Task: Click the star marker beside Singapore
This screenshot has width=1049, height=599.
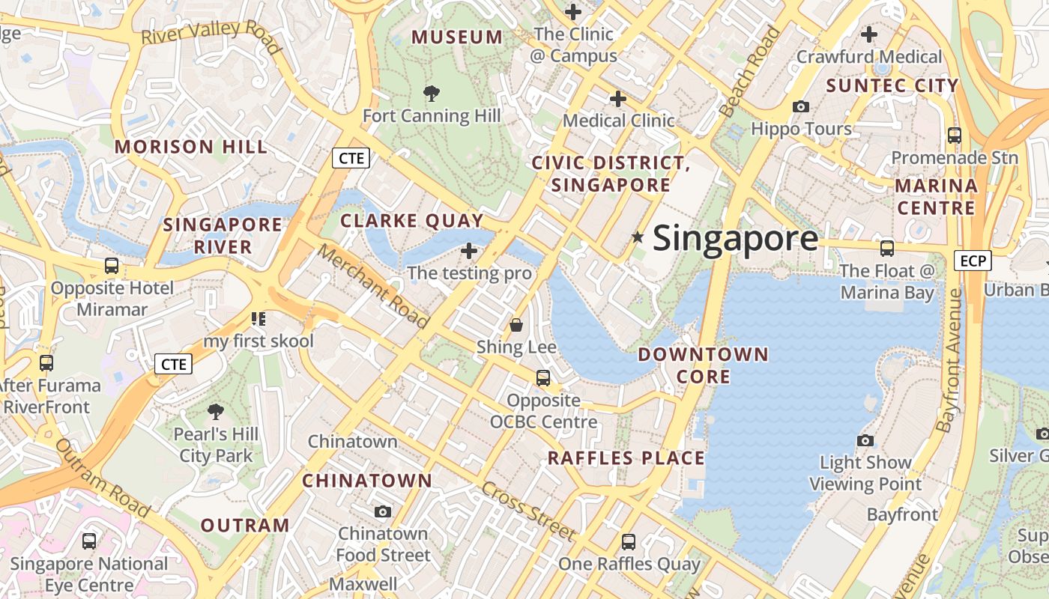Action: click(x=638, y=237)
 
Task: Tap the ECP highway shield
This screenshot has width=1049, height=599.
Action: click(x=973, y=261)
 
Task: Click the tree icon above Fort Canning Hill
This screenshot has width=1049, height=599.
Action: click(x=431, y=94)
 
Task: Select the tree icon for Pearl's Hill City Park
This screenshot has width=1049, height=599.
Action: click(x=216, y=411)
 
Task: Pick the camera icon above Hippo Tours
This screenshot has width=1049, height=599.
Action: click(x=801, y=107)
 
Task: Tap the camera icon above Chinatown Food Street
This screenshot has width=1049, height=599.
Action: click(x=383, y=511)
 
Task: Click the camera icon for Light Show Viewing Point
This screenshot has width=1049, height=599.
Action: click(x=865, y=440)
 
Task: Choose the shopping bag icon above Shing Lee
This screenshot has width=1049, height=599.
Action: click(x=516, y=325)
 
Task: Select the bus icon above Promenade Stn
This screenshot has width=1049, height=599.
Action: click(x=955, y=136)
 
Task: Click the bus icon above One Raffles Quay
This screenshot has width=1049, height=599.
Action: click(x=629, y=541)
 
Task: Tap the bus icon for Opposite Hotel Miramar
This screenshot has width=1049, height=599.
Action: click(x=112, y=265)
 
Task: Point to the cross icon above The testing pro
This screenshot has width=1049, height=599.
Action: click(x=470, y=251)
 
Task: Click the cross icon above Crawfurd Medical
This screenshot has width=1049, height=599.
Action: click(x=869, y=34)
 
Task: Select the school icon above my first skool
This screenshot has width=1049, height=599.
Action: click(x=259, y=319)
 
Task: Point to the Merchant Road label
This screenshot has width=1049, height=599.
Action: click(x=373, y=286)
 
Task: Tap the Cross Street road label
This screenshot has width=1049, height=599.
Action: click(x=529, y=511)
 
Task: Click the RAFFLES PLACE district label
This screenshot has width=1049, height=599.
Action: click(x=626, y=458)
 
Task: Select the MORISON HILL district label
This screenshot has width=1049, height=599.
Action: click(x=191, y=147)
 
